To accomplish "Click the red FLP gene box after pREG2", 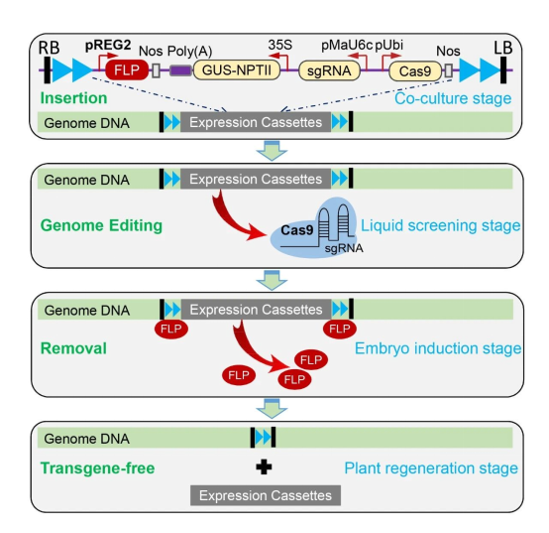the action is click(x=127, y=69).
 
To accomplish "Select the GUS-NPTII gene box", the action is click(x=237, y=70).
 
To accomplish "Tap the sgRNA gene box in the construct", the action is click(x=329, y=70).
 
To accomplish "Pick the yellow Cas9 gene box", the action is click(x=415, y=70).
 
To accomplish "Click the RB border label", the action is click(x=49, y=48).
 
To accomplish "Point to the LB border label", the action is click(x=503, y=48).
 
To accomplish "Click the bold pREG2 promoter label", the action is click(x=108, y=45).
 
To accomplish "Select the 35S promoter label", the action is click(x=280, y=45).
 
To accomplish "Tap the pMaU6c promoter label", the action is click(x=347, y=46).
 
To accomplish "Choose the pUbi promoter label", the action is click(x=389, y=46).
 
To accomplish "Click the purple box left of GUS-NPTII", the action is click(x=180, y=70).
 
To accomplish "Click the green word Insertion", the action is click(x=74, y=98).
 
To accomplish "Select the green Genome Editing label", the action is click(x=101, y=225).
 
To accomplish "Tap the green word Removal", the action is click(x=73, y=348).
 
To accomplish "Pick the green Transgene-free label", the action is click(x=98, y=468).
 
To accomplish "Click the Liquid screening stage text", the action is click(x=440, y=225).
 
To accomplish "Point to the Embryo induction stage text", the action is click(x=438, y=348).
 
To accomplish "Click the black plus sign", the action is click(x=264, y=467).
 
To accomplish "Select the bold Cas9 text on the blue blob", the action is click(x=297, y=230).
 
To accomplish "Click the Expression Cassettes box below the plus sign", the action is click(x=266, y=495).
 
